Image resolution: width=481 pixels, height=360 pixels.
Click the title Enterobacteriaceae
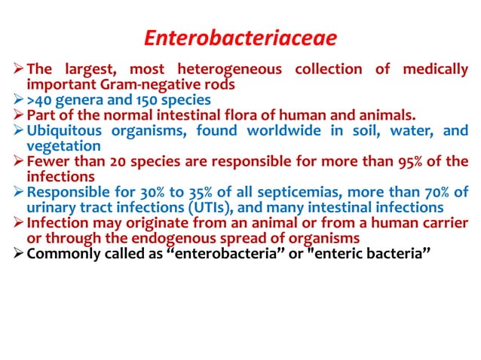pos(240,37)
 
